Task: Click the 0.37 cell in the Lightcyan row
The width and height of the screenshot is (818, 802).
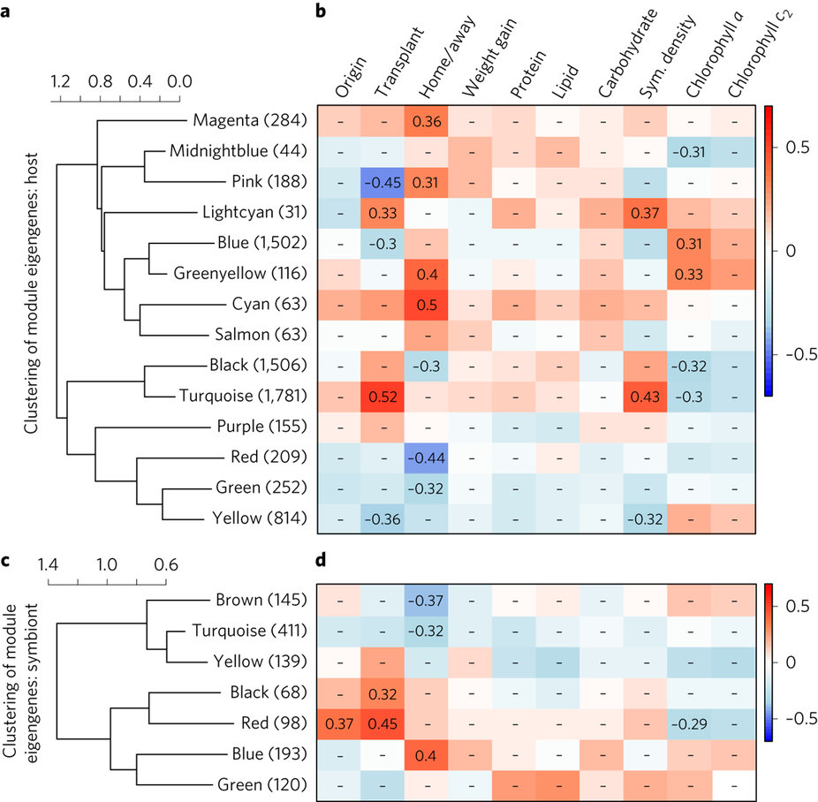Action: point(646,212)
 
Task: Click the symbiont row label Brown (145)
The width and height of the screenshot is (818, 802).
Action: point(261,601)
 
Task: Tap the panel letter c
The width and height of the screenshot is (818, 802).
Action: point(7,559)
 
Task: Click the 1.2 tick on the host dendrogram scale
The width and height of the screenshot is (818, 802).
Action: point(59,81)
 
